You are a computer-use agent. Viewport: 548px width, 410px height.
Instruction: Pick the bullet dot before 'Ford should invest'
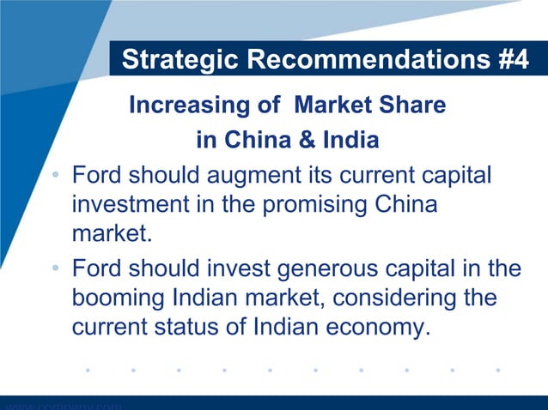pos(54,270)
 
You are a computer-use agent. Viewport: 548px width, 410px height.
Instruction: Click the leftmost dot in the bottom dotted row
pos(88,371)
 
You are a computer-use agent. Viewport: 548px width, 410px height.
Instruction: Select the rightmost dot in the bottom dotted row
pos(498,371)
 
